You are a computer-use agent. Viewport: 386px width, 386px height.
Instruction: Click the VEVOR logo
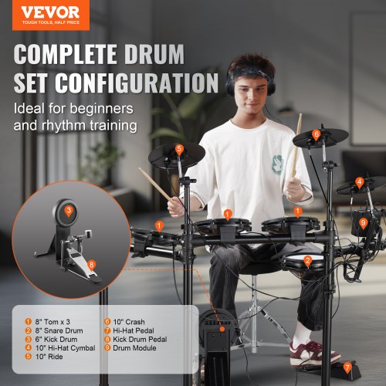tap(50, 15)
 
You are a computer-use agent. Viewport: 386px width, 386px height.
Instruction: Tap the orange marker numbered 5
tap(179, 150)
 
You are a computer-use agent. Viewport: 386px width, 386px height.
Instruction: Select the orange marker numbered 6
tap(316, 134)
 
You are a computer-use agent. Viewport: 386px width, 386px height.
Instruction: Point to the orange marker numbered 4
tap(360, 182)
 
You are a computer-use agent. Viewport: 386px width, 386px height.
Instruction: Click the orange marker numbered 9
tap(363, 223)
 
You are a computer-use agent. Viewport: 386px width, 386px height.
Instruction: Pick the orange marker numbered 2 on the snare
tap(308, 261)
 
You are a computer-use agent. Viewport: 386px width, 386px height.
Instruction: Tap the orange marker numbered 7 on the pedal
tap(347, 368)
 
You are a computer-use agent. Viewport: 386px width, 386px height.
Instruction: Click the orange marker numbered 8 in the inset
tap(92, 265)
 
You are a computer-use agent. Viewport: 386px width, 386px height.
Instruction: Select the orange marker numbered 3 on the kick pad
tap(69, 211)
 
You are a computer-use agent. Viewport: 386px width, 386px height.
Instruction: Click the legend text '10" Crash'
tap(129, 322)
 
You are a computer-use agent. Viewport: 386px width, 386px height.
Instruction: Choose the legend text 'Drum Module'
tap(134, 348)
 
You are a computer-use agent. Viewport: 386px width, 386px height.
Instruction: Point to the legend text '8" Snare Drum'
tap(59, 330)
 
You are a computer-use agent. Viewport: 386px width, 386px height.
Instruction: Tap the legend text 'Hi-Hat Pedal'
tap(134, 330)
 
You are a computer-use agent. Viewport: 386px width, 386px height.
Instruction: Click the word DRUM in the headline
tap(154, 54)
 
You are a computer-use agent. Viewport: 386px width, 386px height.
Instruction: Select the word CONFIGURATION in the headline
tap(137, 83)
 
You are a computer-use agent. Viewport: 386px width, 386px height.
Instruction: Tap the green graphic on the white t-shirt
tap(277, 164)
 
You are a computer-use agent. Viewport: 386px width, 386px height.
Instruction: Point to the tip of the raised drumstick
tap(300, 114)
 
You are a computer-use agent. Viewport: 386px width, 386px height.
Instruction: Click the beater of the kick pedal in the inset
tap(88, 234)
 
